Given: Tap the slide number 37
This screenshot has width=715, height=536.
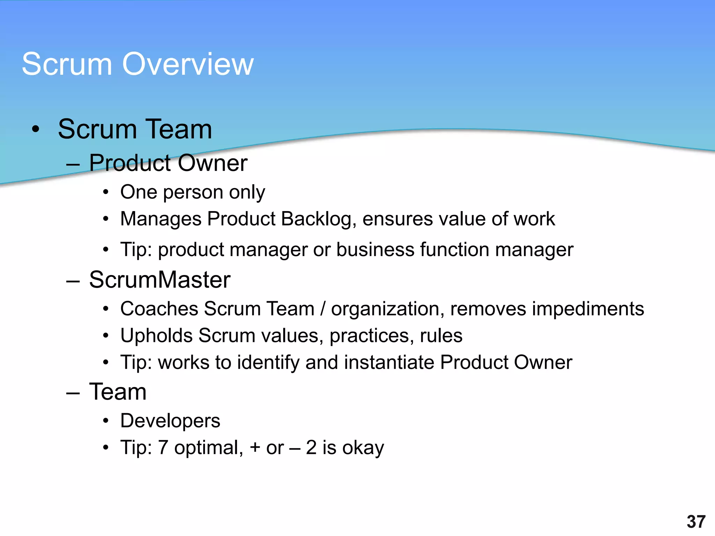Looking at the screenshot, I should click(696, 522).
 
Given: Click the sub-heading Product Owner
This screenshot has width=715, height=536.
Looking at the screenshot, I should click(168, 163).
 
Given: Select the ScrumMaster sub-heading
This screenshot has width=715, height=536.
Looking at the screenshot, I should click(160, 280).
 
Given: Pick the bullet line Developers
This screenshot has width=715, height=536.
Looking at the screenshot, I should click(170, 421).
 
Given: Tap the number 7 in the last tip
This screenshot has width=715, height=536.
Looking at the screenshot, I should click(163, 448).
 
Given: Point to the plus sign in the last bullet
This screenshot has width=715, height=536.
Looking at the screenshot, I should click(255, 448).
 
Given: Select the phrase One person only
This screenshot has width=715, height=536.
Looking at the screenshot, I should click(192, 192).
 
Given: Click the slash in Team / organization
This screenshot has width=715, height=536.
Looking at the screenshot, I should click(323, 309).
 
